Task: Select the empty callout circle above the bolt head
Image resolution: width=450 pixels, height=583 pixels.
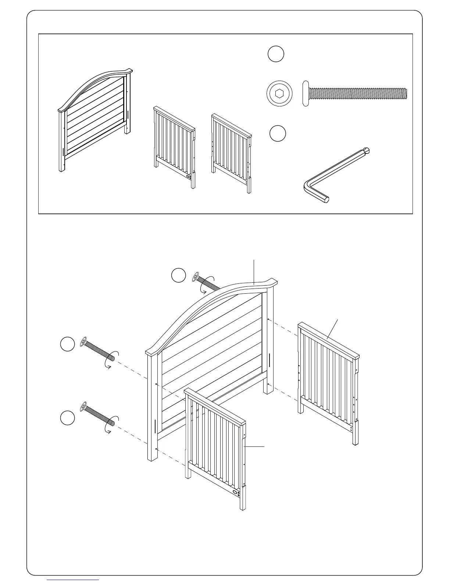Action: (x=276, y=54)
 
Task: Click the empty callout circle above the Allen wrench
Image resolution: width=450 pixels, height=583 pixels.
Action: (x=278, y=133)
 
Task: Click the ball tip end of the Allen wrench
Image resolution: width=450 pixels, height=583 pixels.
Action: (x=367, y=151)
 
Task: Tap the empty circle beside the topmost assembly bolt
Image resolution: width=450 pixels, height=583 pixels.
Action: (x=179, y=276)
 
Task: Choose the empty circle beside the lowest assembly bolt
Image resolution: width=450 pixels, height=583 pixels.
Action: (x=68, y=418)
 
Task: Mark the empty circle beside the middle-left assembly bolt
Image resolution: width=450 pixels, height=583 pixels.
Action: (x=67, y=344)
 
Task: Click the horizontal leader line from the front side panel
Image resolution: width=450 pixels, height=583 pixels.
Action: (x=254, y=446)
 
